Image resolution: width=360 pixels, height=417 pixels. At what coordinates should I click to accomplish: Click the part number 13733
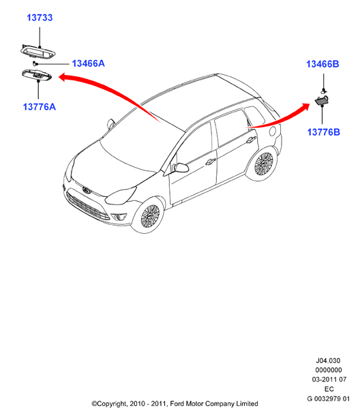40,18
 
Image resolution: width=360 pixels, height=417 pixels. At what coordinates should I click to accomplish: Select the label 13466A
89,63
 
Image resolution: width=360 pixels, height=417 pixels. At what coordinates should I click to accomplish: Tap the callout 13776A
40,107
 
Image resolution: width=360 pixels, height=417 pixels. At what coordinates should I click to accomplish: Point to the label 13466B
322,64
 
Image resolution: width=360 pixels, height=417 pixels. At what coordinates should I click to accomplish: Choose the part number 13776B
324,132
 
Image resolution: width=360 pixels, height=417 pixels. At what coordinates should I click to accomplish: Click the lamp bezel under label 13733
37,51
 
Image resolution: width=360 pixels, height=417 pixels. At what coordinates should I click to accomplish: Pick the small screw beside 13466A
35,63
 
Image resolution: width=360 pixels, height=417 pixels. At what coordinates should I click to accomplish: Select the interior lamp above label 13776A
37,74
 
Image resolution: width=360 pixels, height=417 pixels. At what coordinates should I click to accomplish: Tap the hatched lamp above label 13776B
322,100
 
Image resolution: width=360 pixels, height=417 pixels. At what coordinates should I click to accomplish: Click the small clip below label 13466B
324,91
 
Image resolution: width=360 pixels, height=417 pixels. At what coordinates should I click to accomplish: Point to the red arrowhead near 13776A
62,78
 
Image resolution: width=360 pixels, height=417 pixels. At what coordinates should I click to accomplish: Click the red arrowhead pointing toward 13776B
305,107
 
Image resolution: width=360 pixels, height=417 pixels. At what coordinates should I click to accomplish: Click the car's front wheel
149,216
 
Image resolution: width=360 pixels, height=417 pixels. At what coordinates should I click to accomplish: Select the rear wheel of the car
263,164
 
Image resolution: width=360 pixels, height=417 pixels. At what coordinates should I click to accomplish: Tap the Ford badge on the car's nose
86,190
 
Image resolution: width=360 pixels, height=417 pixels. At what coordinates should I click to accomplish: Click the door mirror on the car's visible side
181,168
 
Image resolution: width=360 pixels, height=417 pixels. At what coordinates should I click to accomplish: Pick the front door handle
210,161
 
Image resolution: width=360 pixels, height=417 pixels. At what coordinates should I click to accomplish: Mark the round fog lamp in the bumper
118,217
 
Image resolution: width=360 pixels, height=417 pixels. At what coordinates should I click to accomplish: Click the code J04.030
328,360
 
